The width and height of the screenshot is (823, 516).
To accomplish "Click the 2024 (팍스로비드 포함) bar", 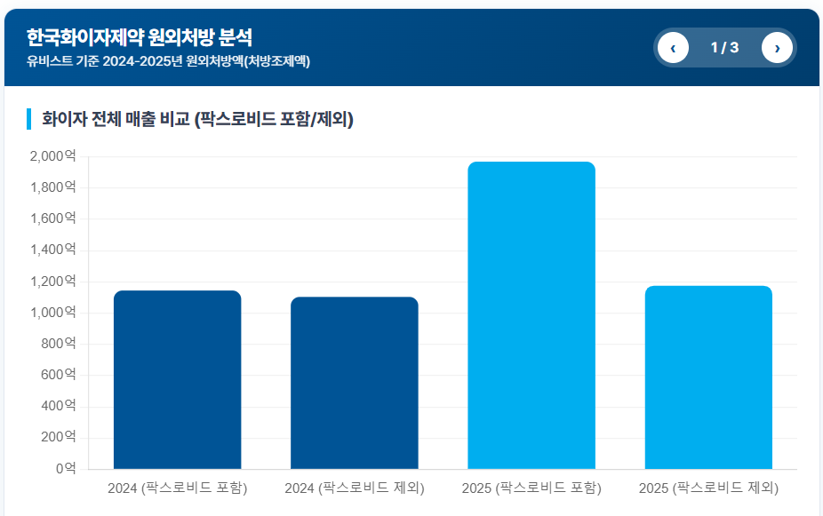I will pos(177,379).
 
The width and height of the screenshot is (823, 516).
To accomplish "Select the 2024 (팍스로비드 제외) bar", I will pos(354,383).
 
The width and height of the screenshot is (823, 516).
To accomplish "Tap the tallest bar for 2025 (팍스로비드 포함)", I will pos(531,315).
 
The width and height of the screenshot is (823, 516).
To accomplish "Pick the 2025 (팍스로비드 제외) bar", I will pos(707,377).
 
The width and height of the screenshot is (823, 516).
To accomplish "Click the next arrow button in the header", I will pos(777,48).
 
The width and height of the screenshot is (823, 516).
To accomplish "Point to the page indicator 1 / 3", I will pos(724,48).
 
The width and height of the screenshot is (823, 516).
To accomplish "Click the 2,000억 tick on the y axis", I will pos(52,156).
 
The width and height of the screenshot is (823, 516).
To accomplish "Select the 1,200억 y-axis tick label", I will pos(52,282).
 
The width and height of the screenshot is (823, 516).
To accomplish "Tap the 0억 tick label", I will pos(65,468).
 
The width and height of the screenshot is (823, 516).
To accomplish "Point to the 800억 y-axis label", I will pos(58,344).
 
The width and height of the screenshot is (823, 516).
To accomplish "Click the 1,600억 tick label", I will pos(52,218).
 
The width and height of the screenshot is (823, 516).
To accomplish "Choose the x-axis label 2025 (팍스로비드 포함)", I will pos(531,488).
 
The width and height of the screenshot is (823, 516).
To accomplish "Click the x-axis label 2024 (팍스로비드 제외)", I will pos(354,488).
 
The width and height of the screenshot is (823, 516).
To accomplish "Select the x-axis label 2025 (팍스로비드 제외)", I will pos(707,488).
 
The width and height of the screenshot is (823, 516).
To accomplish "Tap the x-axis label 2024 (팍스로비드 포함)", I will pos(177,488).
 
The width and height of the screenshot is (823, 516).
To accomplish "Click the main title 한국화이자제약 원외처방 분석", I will pos(140,37).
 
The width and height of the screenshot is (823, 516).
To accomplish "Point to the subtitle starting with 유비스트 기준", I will pos(168,61).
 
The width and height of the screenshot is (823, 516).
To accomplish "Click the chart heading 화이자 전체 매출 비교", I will pos(197,119).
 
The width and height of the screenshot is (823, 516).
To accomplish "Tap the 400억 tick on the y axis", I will pos(58,406).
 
